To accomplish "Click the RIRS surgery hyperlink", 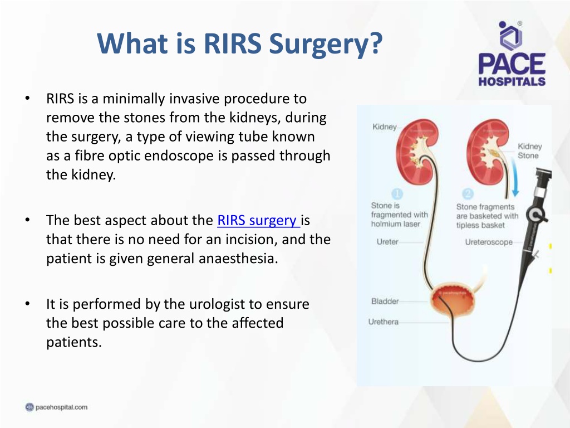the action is coord(258,220).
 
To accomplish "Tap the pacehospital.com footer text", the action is coord(61,407).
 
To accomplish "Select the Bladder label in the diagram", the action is coord(385,301).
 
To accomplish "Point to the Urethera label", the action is coord(383,322).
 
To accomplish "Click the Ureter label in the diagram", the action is coord(387,242).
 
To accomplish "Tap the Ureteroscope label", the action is coord(489,242).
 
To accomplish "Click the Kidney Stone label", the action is coord(529,151).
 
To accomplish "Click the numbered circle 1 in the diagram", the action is coord(397,193).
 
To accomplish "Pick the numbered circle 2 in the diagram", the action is coord(468,193).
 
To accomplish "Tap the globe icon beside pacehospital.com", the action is coord(30,407).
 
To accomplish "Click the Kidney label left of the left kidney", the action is coord(385,127).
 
